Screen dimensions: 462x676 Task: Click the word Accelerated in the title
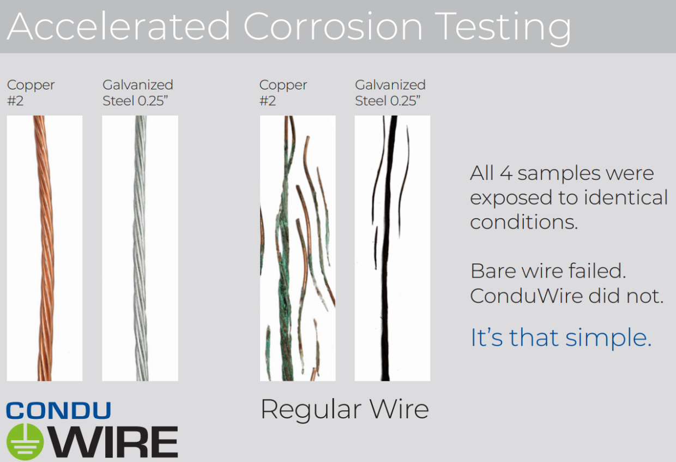tap(119, 26)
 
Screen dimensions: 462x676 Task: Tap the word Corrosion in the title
tap(333, 26)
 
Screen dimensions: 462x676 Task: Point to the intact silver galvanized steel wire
tap(140, 245)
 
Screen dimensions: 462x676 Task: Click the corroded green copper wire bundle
tap(286, 262)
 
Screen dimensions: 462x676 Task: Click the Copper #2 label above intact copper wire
tap(31, 92)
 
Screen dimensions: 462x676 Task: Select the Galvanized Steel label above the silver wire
tap(137, 92)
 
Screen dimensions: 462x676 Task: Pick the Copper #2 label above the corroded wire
tap(283, 92)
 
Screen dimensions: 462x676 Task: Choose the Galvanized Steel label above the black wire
tap(390, 92)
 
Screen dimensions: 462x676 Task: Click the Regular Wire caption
tap(345, 409)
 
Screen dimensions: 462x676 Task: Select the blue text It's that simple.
tap(560, 338)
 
